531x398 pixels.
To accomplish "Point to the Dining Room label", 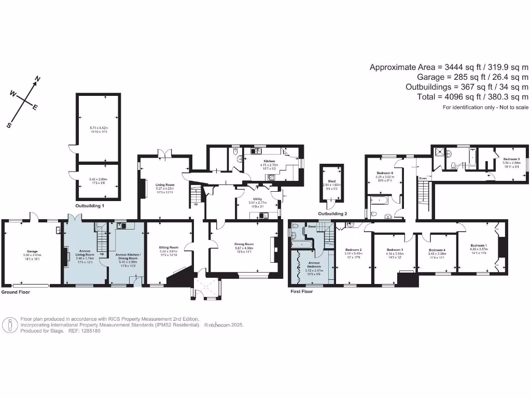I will pos(243,244).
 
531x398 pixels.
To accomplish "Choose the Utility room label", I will pos(257,199).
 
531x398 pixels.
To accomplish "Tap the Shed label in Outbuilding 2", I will pos(331,180).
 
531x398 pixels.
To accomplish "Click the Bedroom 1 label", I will pos(478,245).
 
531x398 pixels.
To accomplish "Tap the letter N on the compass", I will pos(37,79).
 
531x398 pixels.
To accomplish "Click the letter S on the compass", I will pos(9,125).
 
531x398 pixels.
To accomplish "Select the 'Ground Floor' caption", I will pos(16,292).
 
